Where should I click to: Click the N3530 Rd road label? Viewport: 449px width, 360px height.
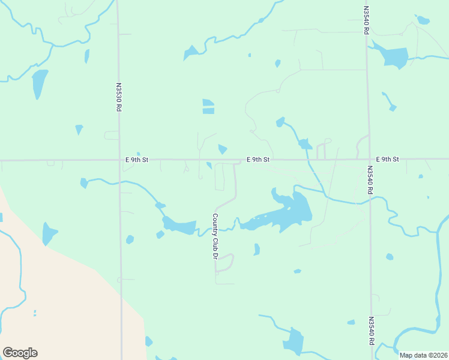pos(119,97)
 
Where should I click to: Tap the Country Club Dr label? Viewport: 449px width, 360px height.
pos(214,236)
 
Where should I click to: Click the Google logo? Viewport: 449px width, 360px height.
pos(20,353)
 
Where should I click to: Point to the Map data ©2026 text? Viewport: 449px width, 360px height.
pos(424,355)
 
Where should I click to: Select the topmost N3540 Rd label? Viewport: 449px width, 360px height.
pos(366,20)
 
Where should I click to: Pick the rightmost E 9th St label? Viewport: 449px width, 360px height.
pos(387,160)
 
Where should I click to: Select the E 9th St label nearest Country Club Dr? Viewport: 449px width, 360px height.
pos(258,160)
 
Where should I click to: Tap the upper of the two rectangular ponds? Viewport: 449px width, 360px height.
pos(208,102)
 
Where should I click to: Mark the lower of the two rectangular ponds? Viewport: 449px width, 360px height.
pos(208,111)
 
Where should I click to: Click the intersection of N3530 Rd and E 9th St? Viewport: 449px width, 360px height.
pos(119,160)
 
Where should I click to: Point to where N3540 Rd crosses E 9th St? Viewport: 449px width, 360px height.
pos(369,160)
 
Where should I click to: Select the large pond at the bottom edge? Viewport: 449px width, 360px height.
pos(294,342)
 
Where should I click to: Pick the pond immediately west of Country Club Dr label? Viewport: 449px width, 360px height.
pos(180,226)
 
